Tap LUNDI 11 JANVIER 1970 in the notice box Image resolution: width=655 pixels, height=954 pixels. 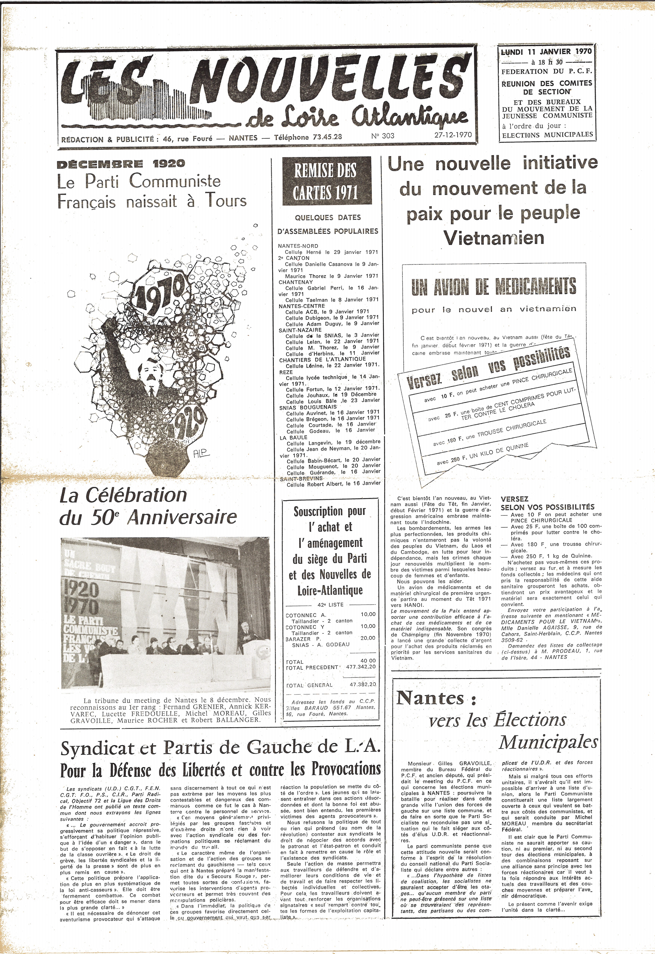[546, 52]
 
